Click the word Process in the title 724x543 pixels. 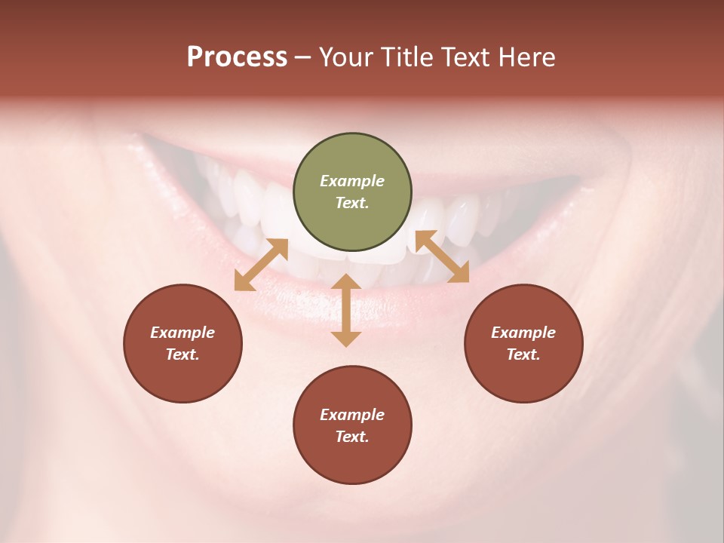(237, 57)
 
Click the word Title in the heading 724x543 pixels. (405, 57)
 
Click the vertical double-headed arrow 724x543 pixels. (346, 310)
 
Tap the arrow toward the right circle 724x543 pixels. (442, 256)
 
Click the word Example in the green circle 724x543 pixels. (352, 181)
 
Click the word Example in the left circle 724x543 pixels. (183, 333)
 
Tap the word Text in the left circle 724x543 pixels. (183, 354)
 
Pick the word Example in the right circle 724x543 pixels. (523, 333)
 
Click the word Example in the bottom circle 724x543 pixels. (352, 415)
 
